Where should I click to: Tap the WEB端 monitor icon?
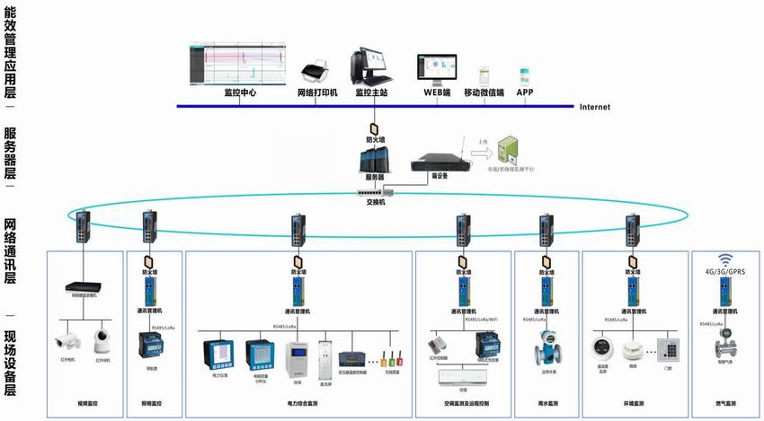click(435, 68)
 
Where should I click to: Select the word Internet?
click(594, 107)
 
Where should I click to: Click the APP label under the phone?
click(524, 92)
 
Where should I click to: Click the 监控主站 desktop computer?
click(370, 63)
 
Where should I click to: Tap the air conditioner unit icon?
click(464, 378)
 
